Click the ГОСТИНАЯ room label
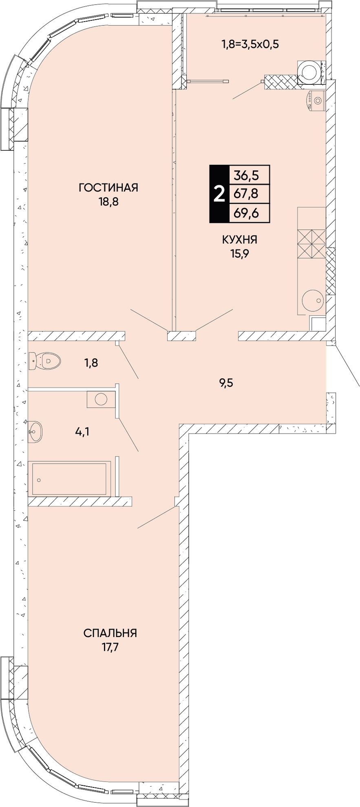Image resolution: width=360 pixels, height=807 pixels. click(x=108, y=187)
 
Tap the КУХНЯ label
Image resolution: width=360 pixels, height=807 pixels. click(x=239, y=240)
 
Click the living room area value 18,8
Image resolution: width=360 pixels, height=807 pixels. click(x=108, y=202)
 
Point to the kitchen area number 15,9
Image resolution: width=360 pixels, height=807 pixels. click(x=239, y=254)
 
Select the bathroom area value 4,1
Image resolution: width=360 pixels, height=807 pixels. click(x=82, y=431)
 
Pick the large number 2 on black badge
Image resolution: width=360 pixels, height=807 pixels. click(x=219, y=194)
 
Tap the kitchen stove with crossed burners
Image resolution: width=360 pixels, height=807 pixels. click(x=311, y=244)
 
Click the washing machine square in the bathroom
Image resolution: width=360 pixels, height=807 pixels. click(x=101, y=399)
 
